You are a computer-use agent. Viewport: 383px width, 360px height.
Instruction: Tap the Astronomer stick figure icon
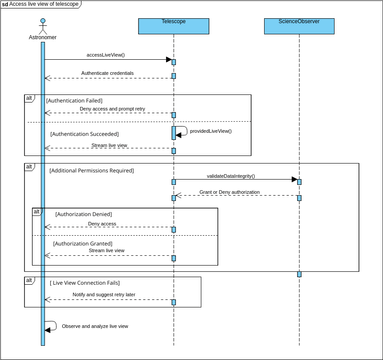coord(42,28)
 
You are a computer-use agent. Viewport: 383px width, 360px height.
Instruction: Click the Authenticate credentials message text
coord(108,72)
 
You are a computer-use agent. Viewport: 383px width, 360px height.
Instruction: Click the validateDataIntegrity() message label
coord(235,175)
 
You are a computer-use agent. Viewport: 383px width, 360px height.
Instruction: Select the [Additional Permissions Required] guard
coord(96,172)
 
